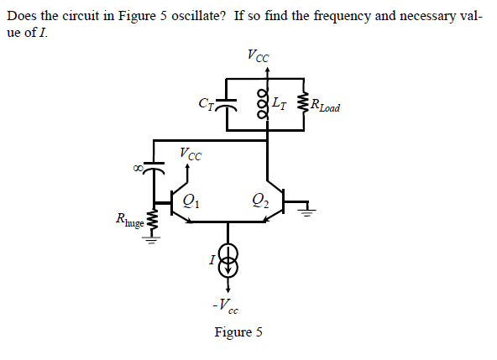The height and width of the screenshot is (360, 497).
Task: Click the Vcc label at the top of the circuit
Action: pos(259,56)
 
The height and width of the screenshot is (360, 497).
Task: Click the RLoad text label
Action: pos(325,107)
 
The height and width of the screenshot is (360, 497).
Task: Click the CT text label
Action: pos(204,105)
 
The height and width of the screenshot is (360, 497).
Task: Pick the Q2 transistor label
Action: pos(260,200)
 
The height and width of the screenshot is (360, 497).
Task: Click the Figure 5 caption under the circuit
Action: pos(238,332)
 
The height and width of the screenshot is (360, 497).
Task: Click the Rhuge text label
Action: pos(131,220)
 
